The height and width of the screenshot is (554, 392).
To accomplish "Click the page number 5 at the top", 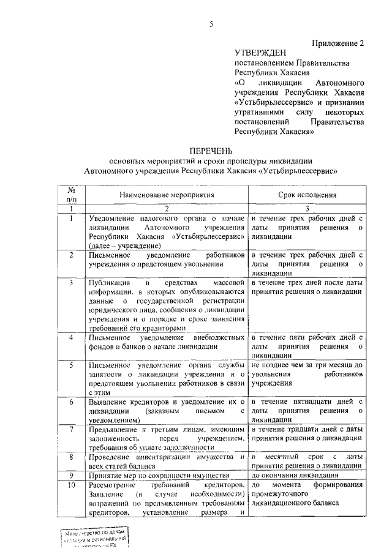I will coord(211,24).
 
